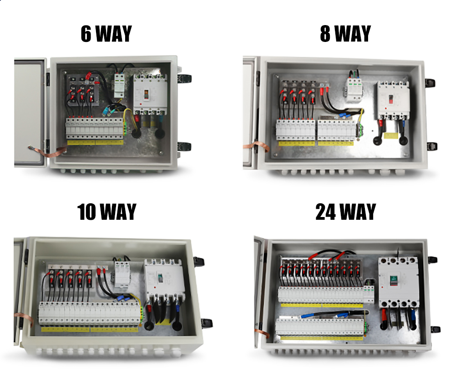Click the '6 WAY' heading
(x=106, y=34)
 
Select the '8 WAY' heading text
(x=345, y=34)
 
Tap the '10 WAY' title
(x=107, y=212)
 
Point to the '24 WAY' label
(x=345, y=212)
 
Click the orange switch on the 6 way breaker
(x=146, y=94)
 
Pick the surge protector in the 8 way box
(x=354, y=86)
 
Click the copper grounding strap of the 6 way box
(x=54, y=152)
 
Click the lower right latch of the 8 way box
(x=430, y=146)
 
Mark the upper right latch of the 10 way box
(x=199, y=261)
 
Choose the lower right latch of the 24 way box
(x=435, y=329)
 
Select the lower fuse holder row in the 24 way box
(x=321, y=327)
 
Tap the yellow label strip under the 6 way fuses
(x=95, y=142)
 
